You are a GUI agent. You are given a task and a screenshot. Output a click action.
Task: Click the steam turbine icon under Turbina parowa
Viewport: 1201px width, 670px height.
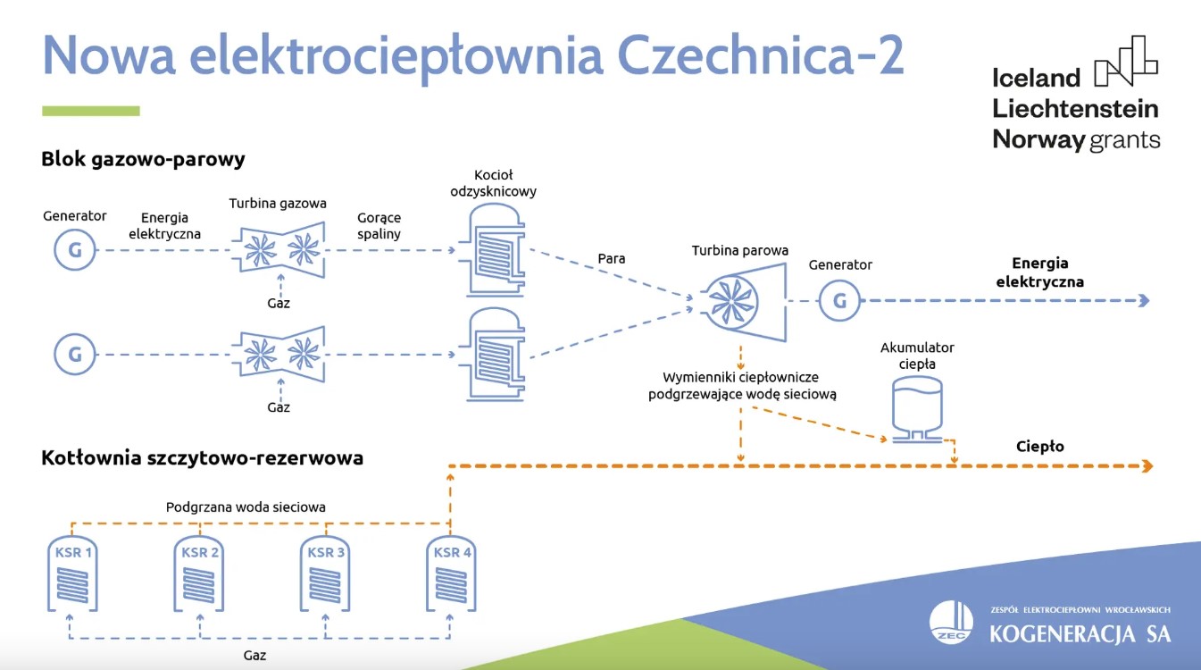[741, 300]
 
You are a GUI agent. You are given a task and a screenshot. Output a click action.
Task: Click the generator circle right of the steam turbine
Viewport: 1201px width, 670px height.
[839, 301]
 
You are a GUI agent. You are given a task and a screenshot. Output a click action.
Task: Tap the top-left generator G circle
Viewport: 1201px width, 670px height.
[75, 250]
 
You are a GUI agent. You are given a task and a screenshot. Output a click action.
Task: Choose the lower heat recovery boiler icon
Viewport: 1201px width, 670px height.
[490, 355]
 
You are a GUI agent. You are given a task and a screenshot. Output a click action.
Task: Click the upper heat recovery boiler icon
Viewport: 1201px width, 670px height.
[490, 251]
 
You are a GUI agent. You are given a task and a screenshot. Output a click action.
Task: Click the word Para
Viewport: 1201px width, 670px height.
[612, 259]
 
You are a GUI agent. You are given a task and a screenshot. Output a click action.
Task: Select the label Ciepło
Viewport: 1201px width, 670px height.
[1040, 447]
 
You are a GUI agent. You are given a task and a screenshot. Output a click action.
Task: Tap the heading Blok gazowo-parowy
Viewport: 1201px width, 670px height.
[143, 160]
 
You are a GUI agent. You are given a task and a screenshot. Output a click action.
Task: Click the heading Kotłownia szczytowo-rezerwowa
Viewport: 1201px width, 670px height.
[202, 458]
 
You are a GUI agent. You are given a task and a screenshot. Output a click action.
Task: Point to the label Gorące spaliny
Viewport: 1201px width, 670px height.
[379, 226]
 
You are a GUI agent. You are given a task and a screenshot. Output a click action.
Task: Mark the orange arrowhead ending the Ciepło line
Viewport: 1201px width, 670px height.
[1147, 465]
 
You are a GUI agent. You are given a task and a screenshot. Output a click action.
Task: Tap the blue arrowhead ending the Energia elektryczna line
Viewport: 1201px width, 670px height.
[1144, 301]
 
